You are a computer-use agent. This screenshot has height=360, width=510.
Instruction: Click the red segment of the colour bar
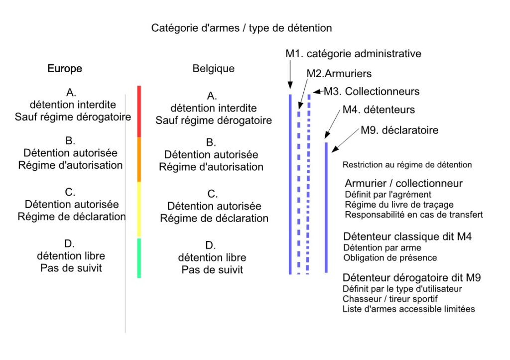(x=139, y=111)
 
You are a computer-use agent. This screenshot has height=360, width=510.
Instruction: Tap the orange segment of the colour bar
(x=139, y=159)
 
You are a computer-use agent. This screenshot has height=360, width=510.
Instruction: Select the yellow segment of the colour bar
(x=139, y=210)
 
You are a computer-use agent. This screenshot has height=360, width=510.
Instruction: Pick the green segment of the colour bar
(x=139, y=258)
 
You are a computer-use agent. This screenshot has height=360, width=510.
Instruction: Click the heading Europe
(x=65, y=68)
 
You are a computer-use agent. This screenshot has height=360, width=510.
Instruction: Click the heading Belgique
(x=213, y=68)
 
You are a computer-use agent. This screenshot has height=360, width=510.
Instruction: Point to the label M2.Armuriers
(x=339, y=74)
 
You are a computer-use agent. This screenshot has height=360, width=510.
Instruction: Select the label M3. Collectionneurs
(x=372, y=92)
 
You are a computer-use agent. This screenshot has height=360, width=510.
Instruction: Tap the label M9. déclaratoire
(x=399, y=130)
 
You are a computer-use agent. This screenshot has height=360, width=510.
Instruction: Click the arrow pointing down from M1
(x=290, y=74)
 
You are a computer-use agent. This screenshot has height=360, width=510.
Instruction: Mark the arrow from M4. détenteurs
(x=332, y=124)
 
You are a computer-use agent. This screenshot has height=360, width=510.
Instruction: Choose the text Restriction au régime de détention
(x=407, y=164)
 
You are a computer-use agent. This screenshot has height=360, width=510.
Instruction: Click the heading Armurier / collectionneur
(x=403, y=183)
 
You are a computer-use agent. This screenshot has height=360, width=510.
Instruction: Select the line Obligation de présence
(x=390, y=257)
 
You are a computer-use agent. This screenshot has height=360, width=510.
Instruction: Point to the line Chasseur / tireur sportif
(x=390, y=299)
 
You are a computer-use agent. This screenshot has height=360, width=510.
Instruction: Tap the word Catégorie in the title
(x=172, y=28)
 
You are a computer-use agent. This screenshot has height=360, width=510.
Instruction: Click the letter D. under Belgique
(x=211, y=245)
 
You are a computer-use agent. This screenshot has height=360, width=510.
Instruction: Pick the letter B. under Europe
(x=70, y=140)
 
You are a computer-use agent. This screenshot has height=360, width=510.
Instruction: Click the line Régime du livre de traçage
(x=399, y=205)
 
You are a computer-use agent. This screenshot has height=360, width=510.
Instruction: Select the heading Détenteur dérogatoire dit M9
(x=412, y=277)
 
